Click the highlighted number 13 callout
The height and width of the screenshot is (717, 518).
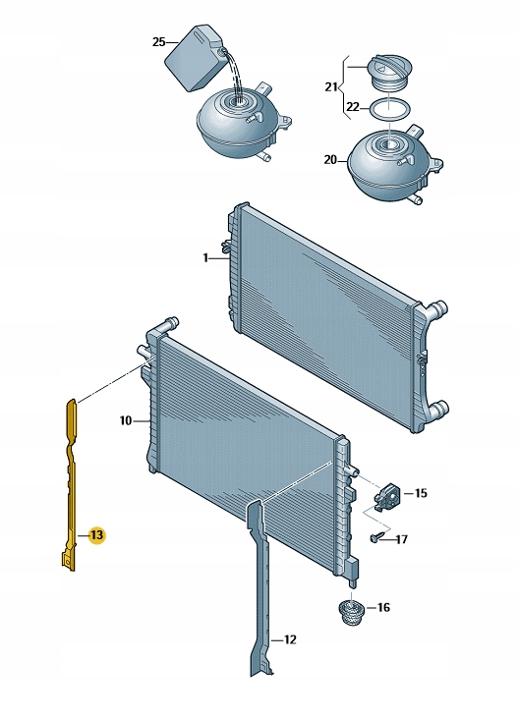[x=97, y=534]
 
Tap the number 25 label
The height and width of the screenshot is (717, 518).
[x=158, y=42]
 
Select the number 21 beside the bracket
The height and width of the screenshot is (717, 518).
[x=331, y=86]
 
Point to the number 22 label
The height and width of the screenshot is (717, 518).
[x=353, y=107]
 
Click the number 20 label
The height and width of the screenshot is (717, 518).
[x=330, y=160]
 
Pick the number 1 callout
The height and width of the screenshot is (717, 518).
[x=205, y=258]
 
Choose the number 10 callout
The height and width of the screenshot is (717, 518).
[x=126, y=420]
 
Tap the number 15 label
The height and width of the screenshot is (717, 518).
[x=421, y=493]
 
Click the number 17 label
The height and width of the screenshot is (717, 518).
[x=401, y=539]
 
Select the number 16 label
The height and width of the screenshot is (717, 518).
[x=383, y=607]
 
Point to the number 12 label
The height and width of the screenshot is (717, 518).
[x=290, y=639]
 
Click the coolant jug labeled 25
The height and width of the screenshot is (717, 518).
[x=195, y=58]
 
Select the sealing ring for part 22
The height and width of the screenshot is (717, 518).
[x=390, y=109]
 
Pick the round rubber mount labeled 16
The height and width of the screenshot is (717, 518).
[x=351, y=612]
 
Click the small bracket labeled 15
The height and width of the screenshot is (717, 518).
[x=387, y=494]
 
